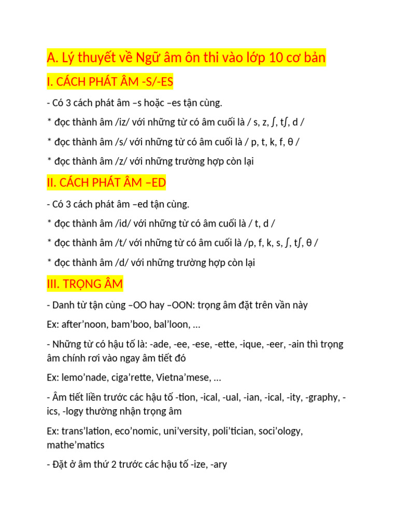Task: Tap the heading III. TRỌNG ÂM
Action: click(85, 284)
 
